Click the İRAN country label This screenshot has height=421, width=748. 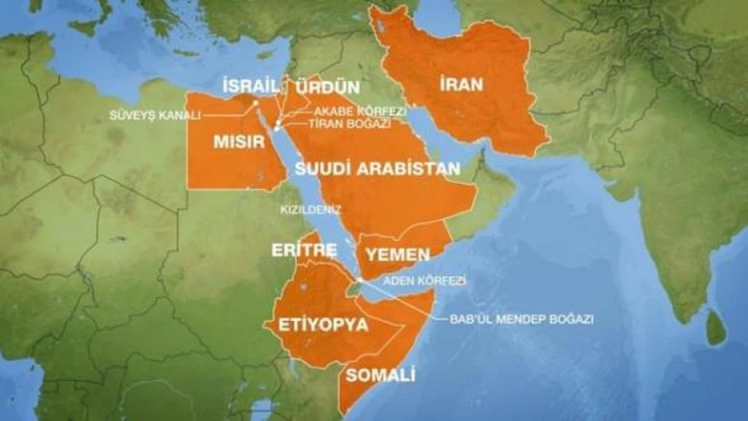click(x=462, y=84)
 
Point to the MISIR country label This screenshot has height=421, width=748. click(x=239, y=142)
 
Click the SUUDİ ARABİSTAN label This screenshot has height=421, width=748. click(x=378, y=169)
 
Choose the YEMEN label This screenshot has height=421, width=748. click(x=397, y=254)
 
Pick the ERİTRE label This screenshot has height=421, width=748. click(x=304, y=250)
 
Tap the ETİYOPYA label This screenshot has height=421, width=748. click(x=323, y=325)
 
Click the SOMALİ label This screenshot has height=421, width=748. click(x=380, y=375)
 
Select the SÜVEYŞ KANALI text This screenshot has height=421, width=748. click(x=154, y=115)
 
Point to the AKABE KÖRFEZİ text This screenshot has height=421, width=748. click(x=360, y=111)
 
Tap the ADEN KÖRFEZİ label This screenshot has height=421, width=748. click(x=424, y=281)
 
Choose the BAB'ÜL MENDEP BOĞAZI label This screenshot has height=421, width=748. click(x=521, y=319)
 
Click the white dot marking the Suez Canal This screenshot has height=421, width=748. click(x=255, y=103)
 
